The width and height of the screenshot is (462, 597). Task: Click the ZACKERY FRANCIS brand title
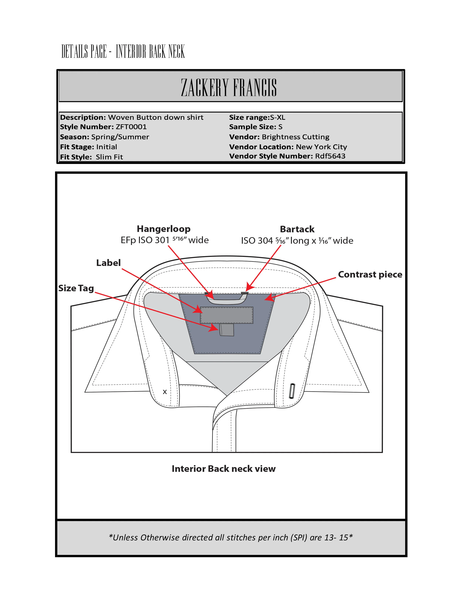pyautogui.click(x=229, y=87)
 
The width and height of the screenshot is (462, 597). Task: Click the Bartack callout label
pyautogui.click(x=297, y=229)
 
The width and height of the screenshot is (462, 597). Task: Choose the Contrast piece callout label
pyautogui.click(x=370, y=274)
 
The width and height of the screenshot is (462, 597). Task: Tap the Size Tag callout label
pyautogui.click(x=76, y=288)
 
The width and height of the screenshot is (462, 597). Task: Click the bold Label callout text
pyautogui.click(x=108, y=263)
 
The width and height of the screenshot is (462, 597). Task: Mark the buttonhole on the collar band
pyautogui.click(x=292, y=391)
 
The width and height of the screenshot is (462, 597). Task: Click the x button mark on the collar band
pyautogui.click(x=165, y=392)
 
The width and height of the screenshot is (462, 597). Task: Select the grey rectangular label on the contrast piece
pyautogui.click(x=227, y=315)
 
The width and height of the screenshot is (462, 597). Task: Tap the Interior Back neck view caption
pyautogui.click(x=224, y=469)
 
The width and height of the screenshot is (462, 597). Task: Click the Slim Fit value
pyautogui.click(x=109, y=157)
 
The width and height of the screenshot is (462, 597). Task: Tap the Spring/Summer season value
pyautogui.click(x=120, y=137)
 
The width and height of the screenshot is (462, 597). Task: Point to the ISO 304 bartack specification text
pyautogui.click(x=297, y=240)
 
